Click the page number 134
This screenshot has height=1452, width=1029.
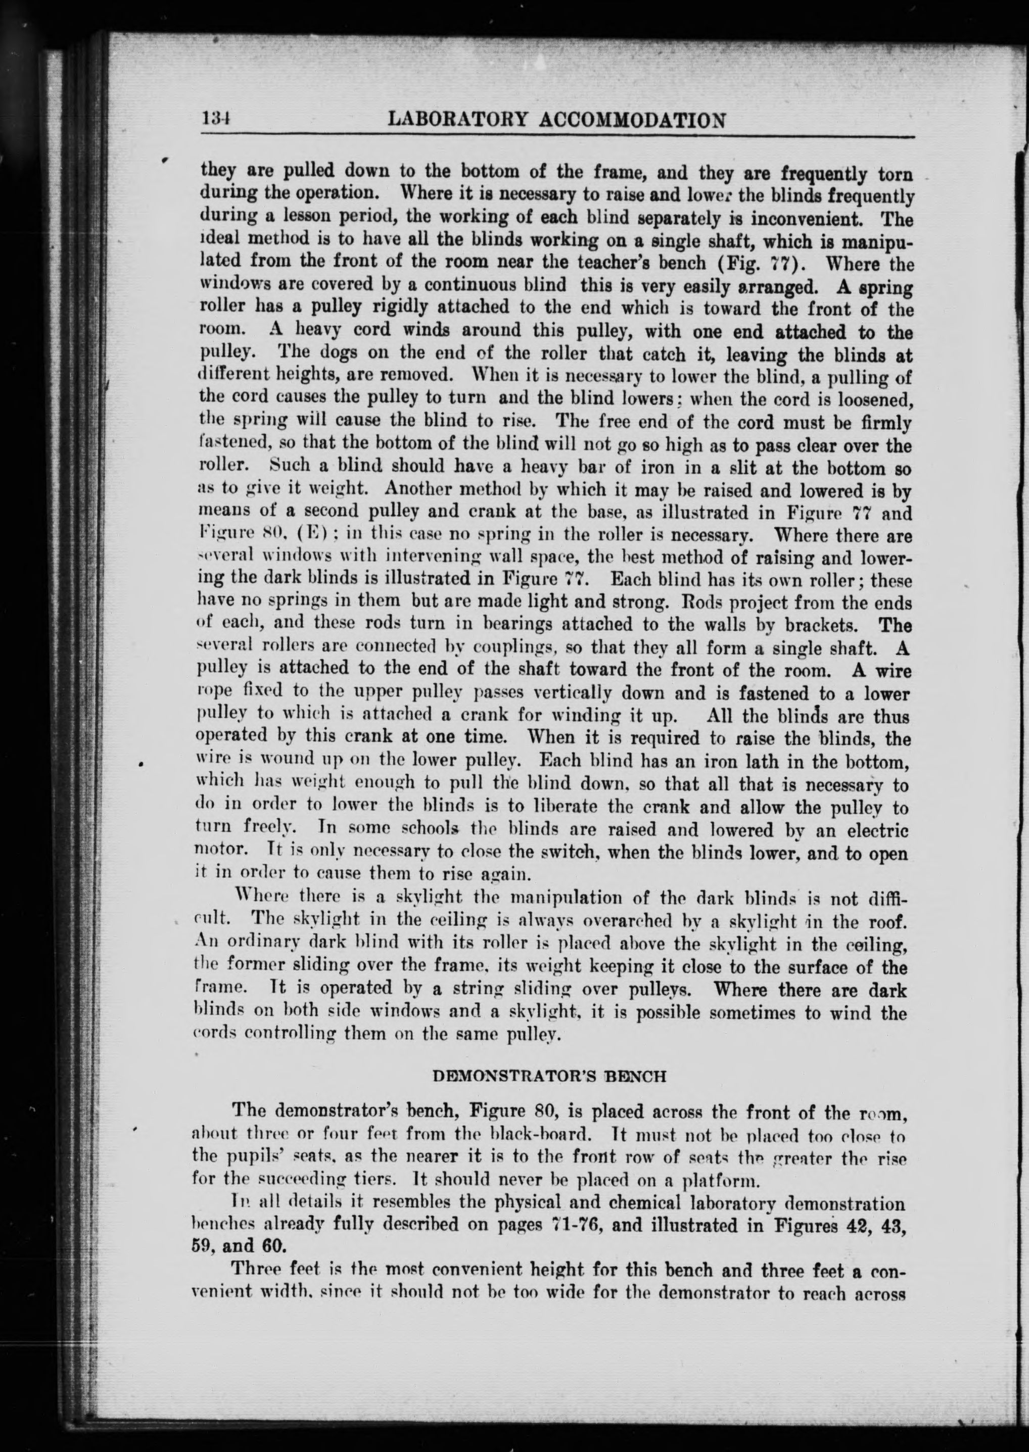[215, 120]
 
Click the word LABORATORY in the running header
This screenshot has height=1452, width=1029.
[454, 120]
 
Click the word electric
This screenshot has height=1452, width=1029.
[877, 830]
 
